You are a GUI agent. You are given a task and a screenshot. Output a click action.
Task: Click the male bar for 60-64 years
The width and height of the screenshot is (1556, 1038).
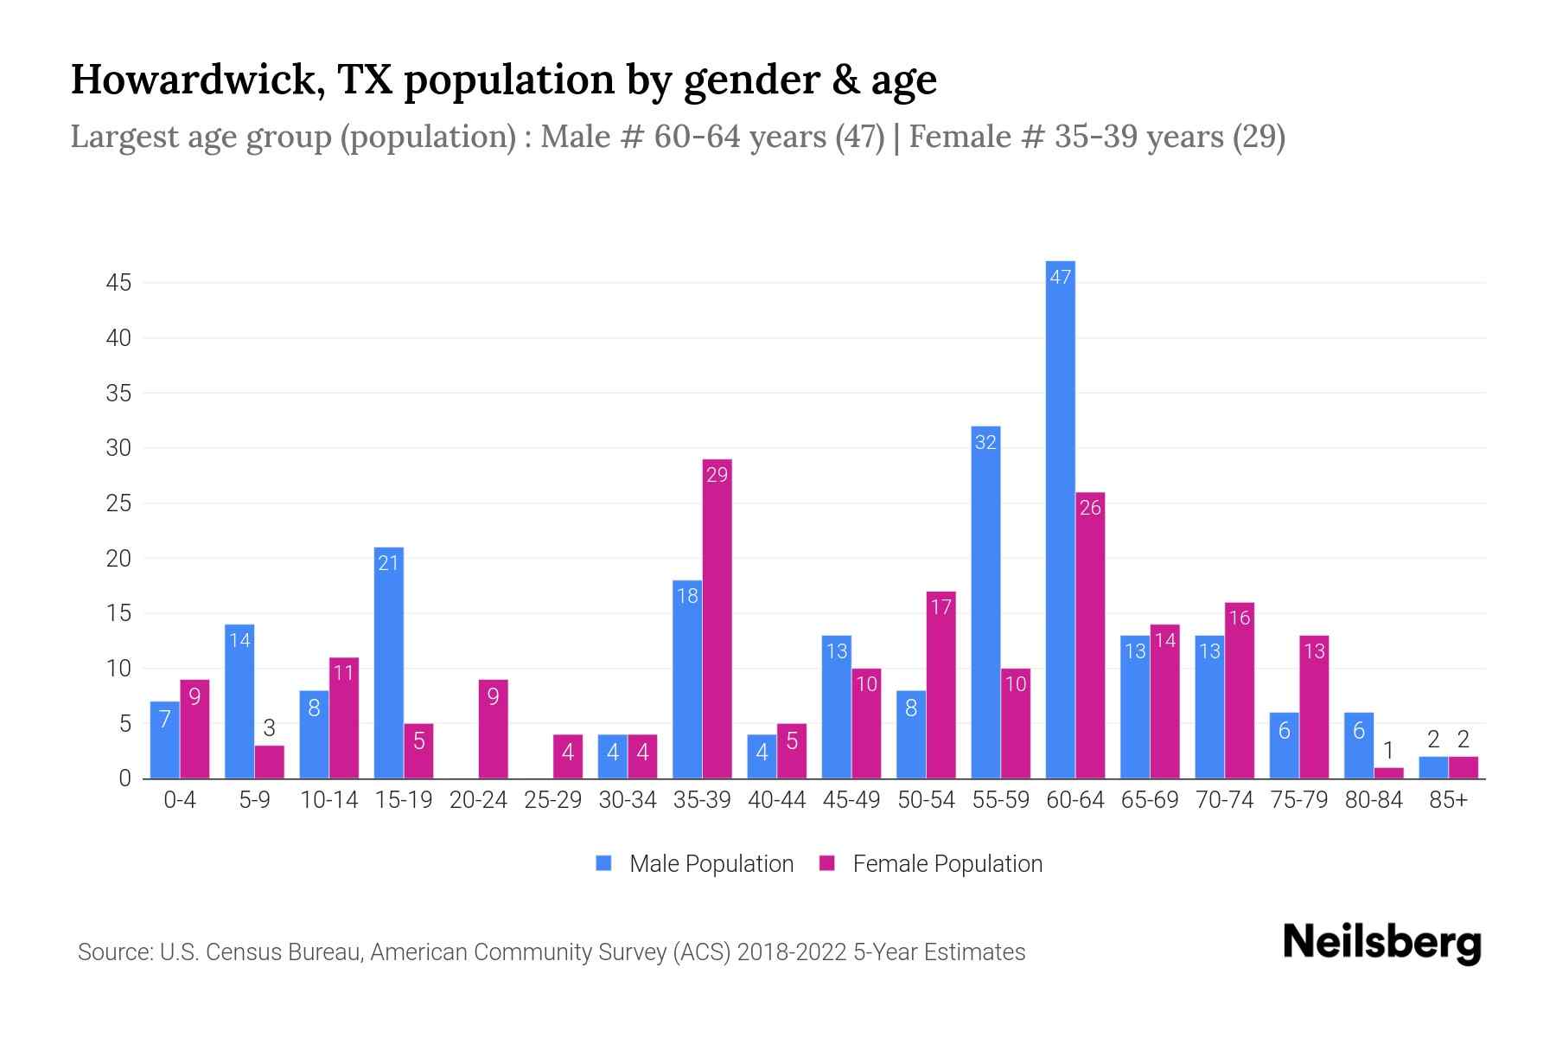1060,519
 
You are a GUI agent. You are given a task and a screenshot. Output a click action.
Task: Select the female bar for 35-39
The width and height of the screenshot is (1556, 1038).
717,618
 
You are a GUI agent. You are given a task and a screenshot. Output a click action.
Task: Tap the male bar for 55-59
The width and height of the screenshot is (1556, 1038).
985,602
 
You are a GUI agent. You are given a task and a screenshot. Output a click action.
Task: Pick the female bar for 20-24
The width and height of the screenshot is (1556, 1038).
493,729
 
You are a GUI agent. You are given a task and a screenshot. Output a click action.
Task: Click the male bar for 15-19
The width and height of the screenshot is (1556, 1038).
388,663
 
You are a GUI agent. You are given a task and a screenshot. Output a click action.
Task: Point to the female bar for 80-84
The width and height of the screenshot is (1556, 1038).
1388,773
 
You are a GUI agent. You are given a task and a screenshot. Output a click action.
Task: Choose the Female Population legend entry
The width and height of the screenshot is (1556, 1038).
931,864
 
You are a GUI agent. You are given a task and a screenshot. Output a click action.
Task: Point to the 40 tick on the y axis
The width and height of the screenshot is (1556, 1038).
118,338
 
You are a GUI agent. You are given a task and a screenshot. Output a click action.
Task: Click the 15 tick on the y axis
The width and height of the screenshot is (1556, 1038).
118,614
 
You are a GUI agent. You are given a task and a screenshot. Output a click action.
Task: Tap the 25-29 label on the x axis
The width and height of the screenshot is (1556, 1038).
552,800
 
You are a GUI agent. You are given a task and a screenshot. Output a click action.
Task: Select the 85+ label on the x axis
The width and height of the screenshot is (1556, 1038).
1447,800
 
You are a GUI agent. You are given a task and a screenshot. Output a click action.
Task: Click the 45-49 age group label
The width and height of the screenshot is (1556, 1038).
851,800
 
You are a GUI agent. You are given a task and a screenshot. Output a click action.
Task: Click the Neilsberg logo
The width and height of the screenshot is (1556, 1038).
1381,943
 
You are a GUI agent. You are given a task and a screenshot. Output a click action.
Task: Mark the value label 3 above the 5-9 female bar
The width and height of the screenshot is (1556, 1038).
269,729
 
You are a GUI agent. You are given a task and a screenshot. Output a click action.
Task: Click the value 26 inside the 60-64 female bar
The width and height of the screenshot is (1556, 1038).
1090,508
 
